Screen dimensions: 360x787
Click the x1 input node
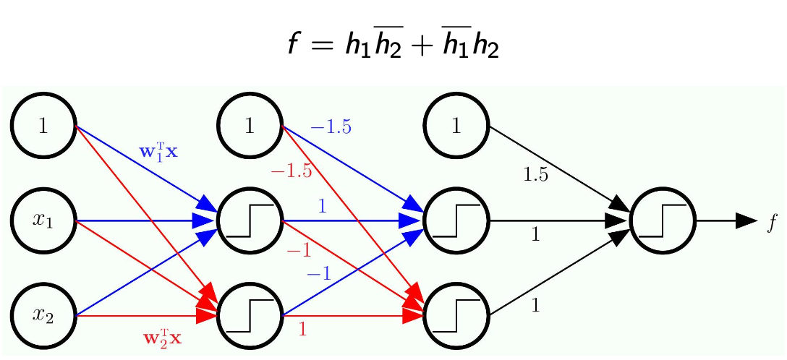(x=43, y=220)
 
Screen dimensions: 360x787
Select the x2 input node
(x=43, y=315)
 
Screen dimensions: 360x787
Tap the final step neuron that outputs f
(x=663, y=220)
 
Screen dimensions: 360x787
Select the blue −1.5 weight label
(x=331, y=128)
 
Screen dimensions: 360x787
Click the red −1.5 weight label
(x=291, y=171)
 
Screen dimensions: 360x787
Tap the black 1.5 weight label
(x=535, y=174)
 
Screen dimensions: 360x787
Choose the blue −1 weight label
(x=318, y=273)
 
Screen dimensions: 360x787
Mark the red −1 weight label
(x=298, y=251)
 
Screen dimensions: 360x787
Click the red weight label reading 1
(x=302, y=330)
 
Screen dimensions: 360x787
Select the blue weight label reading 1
(x=323, y=207)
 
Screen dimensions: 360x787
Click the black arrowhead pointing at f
(x=745, y=220)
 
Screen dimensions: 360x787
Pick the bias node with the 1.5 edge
(x=456, y=126)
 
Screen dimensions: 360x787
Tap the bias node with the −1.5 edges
(x=250, y=126)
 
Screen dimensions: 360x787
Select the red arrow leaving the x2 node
(x=137, y=316)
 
